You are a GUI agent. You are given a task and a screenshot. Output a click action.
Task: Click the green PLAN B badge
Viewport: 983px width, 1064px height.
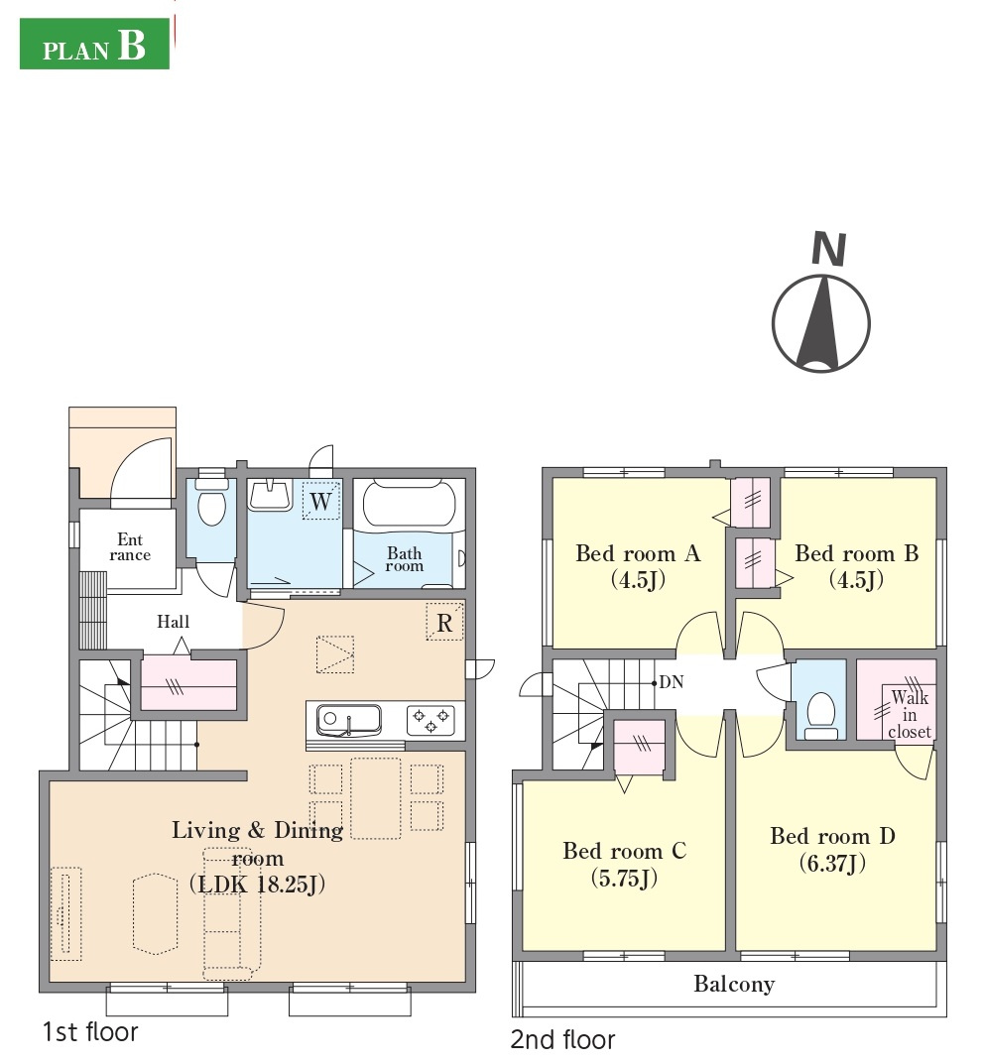[x=94, y=44]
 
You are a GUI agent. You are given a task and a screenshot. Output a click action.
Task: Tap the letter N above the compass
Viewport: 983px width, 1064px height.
[x=829, y=249]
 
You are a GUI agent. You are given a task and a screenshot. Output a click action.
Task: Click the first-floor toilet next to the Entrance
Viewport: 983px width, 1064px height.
[x=212, y=502]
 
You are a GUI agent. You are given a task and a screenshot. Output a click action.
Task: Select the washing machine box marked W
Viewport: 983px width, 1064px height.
[x=321, y=501]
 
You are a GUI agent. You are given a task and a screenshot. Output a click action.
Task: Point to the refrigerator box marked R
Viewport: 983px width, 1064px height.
[x=444, y=622]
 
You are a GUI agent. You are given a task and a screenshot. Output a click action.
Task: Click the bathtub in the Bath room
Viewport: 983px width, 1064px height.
[x=409, y=504]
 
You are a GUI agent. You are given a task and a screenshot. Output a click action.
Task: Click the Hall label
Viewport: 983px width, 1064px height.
[x=174, y=622]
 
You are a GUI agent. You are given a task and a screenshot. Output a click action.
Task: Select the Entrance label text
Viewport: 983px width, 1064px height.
[x=130, y=547]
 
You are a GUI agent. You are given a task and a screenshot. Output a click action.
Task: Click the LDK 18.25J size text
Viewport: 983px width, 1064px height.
[x=257, y=885]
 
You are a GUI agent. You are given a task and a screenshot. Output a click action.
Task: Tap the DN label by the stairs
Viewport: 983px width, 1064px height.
[x=672, y=682]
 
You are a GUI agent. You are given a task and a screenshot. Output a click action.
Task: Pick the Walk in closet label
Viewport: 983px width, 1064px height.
[x=910, y=715]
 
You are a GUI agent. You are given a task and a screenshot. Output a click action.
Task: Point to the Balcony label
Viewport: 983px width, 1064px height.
[x=734, y=984]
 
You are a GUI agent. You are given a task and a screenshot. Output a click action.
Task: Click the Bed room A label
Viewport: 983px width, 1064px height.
[x=638, y=553]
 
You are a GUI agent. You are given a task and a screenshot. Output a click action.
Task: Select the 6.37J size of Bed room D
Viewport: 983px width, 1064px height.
[x=832, y=863]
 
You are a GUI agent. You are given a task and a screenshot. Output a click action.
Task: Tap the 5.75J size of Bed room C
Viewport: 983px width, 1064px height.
[x=624, y=878]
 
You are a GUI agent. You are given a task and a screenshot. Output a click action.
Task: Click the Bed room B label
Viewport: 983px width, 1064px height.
[x=857, y=553]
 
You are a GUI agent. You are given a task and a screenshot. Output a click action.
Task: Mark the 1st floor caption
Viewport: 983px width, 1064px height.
[x=90, y=1032]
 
